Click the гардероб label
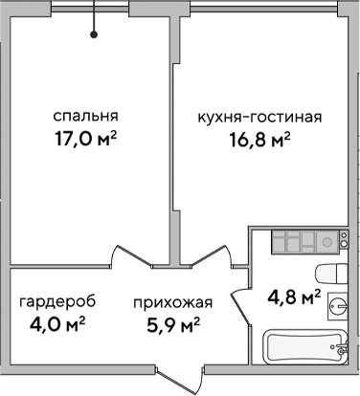coord(53,304)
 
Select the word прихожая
coord(171,304)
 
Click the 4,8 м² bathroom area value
coord(293,297)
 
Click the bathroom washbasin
coord(337,304)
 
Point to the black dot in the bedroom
coord(94,35)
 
